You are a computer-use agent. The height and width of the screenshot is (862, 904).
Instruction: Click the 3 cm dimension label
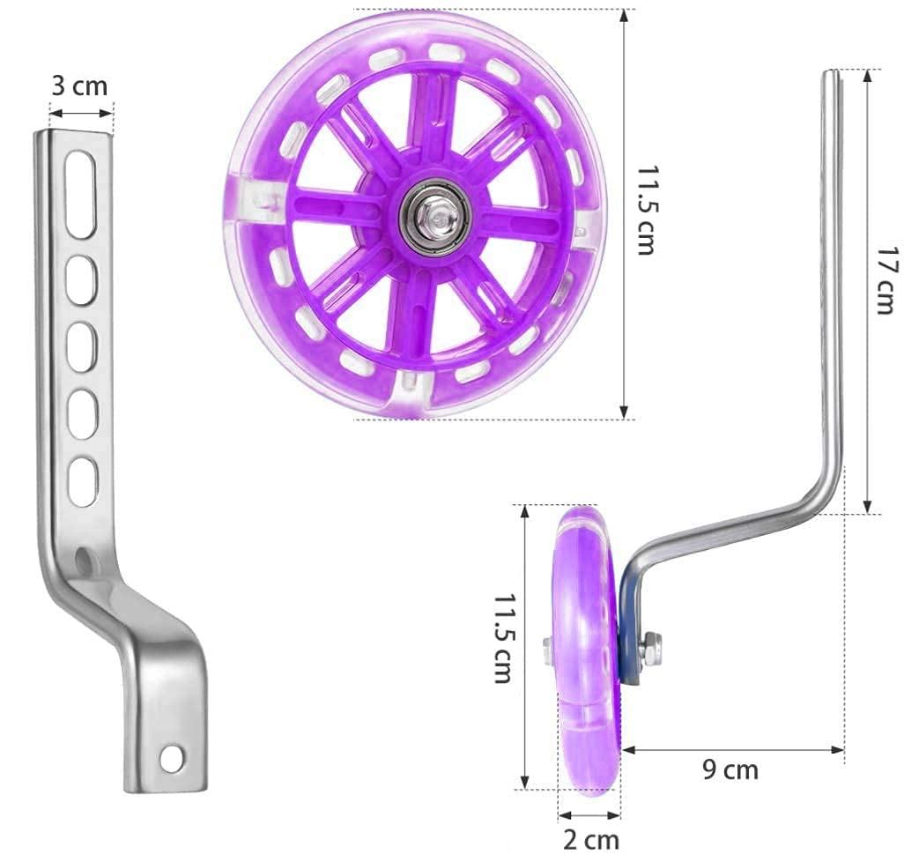click(x=79, y=85)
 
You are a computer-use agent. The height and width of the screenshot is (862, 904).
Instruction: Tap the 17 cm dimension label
click(x=887, y=280)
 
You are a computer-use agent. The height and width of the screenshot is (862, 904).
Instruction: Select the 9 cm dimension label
click(x=730, y=770)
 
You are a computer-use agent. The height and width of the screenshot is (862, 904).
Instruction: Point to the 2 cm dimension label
click(x=591, y=840)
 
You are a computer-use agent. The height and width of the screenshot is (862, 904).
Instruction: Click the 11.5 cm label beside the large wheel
click(x=647, y=211)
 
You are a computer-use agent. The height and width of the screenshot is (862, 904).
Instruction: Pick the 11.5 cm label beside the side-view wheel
click(x=503, y=639)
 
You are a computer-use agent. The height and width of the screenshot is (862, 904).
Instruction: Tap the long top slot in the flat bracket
click(x=80, y=195)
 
